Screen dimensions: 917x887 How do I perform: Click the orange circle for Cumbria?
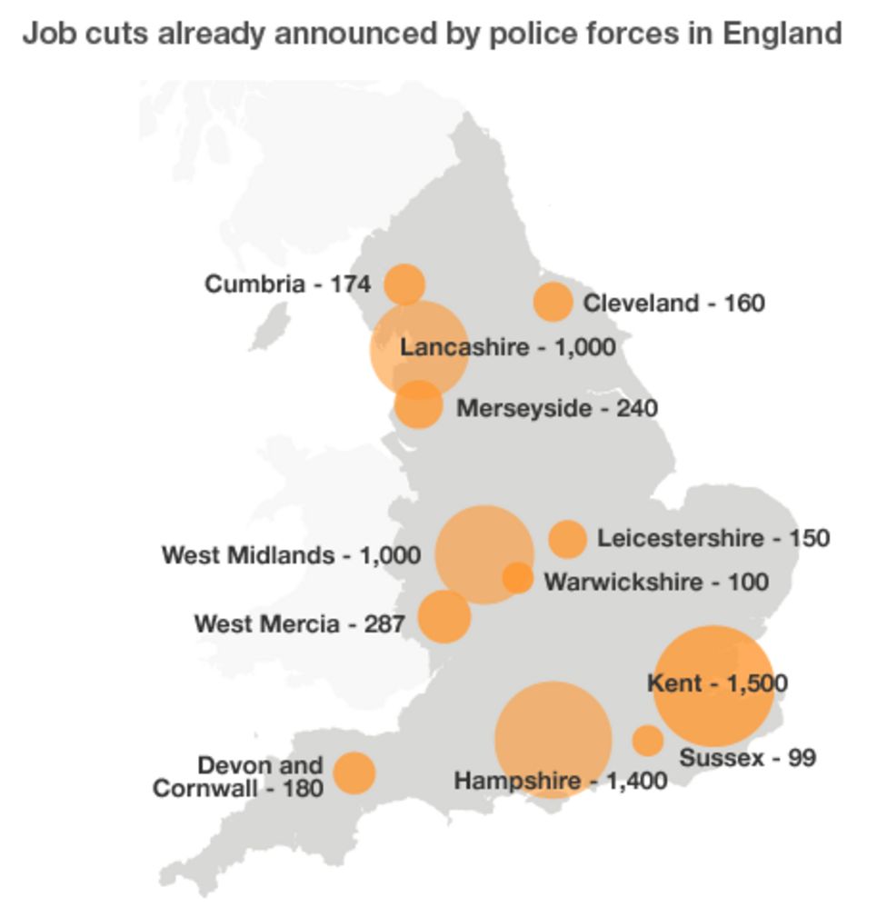tap(404, 284)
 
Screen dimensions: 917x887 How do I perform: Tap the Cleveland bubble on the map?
tap(553, 302)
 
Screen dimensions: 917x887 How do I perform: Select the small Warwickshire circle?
tap(517, 577)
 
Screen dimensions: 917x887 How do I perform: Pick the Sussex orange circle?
tap(648, 741)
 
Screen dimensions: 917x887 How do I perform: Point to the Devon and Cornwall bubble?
tap(354, 772)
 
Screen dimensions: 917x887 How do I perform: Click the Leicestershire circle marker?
tap(568, 539)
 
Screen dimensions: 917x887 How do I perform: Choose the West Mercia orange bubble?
tap(444, 616)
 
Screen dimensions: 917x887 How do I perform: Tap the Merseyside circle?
tap(419, 404)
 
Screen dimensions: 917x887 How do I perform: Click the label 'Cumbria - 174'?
tap(287, 284)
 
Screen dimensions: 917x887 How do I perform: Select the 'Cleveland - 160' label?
tap(673, 303)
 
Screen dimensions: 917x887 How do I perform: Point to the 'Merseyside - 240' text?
tap(556, 408)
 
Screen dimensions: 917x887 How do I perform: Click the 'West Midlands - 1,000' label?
tap(291, 554)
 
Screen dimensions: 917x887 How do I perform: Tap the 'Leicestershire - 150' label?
tap(713, 539)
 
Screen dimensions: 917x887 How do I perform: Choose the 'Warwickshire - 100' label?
tap(655, 582)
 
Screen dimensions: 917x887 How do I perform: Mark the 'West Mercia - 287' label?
tap(299, 624)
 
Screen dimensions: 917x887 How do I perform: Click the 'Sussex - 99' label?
tap(747, 757)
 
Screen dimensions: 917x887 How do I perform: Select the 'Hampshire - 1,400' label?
tap(561, 781)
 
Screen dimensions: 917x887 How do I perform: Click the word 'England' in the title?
tap(782, 35)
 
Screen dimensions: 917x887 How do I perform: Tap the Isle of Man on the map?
tap(270, 326)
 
